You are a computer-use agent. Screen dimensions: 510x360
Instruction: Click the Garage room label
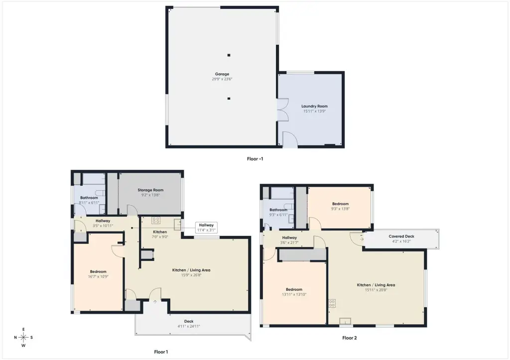click(222, 74)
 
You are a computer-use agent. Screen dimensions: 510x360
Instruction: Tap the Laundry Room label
click(315, 106)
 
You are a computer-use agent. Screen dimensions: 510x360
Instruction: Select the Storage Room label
click(150, 190)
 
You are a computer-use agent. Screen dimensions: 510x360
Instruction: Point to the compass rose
click(23, 338)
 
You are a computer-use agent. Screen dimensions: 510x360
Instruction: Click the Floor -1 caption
click(255, 159)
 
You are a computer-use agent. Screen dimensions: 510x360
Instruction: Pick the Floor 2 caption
click(350, 338)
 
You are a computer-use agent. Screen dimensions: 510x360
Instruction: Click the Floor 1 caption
click(161, 352)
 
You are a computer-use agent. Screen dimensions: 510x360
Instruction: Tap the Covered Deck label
click(401, 237)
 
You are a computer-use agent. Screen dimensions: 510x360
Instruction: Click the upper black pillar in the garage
click(229, 55)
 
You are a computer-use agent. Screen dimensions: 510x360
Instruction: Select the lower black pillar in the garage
click(229, 99)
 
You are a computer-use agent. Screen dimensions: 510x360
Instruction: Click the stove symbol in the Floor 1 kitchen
click(156, 220)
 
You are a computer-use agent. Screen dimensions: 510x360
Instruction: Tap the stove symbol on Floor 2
click(332, 303)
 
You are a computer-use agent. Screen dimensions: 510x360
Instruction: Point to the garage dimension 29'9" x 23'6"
click(222, 79)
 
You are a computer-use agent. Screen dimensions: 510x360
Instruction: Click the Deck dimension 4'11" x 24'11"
click(189, 326)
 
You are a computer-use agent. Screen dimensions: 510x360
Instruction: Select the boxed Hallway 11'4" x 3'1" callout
click(206, 228)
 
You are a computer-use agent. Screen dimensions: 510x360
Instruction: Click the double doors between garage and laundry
click(282, 110)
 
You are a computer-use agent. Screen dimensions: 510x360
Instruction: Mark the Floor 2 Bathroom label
click(278, 210)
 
